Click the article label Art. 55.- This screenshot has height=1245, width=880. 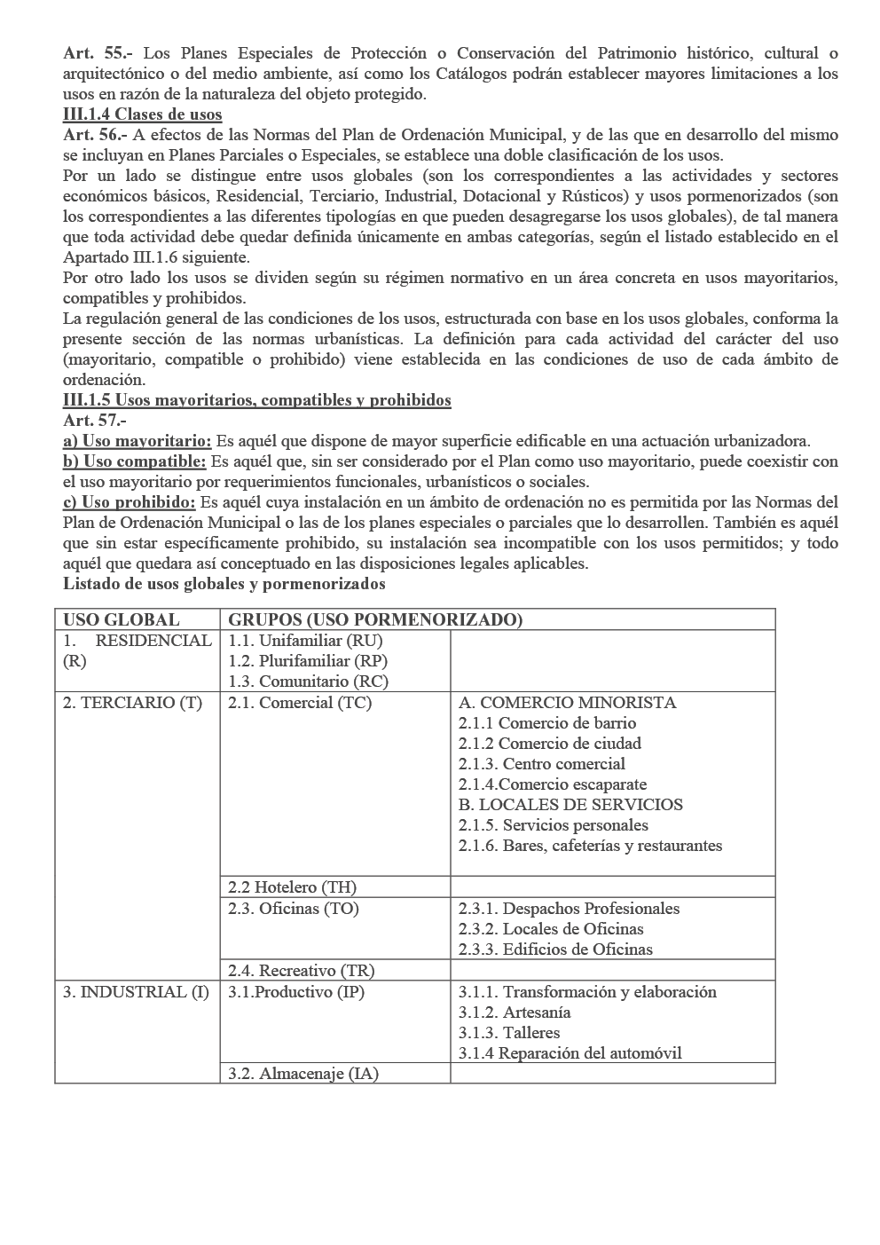(x=98, y=54)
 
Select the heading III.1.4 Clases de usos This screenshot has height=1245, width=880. (x=143, y=114)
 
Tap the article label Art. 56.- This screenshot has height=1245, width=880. (x=96, y=135)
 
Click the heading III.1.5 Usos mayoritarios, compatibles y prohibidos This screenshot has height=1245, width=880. (x=257, y=400)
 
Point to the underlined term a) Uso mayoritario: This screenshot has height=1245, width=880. (x=137, y=441)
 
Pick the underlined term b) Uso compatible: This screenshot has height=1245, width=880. (x=135, y=461)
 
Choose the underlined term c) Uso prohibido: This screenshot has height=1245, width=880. (x=130, y=502)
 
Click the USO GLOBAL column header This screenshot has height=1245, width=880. (x=121, y=619)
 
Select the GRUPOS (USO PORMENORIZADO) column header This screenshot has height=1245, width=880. (x=375, y=619)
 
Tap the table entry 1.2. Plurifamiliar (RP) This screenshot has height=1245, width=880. (x=308, y=661)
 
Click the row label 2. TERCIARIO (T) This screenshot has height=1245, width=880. (x=132, y=703)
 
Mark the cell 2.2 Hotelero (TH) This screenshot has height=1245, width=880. (x=292, y=887)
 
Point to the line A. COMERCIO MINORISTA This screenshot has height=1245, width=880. (x=567, y=703)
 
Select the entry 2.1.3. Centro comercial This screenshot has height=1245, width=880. (x=541, y=764)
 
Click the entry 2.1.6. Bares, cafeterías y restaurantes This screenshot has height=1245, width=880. (x=590, y=846)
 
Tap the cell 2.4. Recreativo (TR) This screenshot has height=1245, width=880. (x=301, y=971)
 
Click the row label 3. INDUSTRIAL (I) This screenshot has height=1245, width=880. (x=136, y=992)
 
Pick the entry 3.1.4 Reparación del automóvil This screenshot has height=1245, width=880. (x=570, y=1053)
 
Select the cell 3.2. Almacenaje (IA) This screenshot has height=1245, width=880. (x=302, y=1074)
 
